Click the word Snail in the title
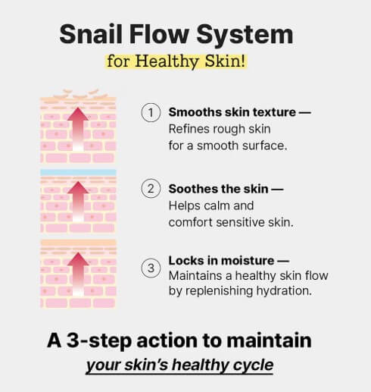point(91,34)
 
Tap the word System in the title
point(245,36)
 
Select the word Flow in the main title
point(159,34)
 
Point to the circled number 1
point(151,113)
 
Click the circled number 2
point(151,189)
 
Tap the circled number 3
point(151,268)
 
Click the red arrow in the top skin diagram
point(78,129)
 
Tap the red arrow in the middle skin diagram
point(78,202)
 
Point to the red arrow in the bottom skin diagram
point(78,274)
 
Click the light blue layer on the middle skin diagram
point(78,173)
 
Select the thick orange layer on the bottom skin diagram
point(78,243)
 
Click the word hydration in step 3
point(284,290)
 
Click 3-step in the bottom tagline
point(99,341)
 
